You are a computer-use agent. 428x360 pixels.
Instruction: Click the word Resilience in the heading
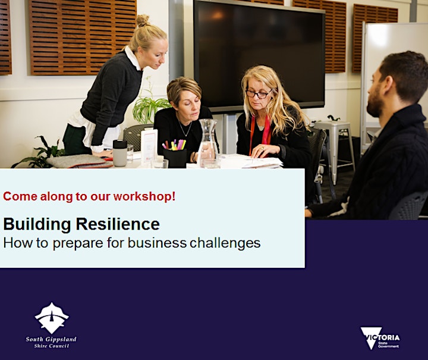pos(118,224)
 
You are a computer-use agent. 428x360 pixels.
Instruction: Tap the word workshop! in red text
pos(144,196)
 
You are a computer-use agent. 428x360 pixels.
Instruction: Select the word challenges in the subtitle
pos(225,243)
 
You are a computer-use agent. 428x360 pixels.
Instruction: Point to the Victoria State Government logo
pos(380,338)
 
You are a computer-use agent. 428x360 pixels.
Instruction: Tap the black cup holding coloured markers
pos(175,158)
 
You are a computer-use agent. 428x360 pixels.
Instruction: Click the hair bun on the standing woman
pos(143,21)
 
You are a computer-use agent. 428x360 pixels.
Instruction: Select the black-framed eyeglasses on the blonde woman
pos(258,93)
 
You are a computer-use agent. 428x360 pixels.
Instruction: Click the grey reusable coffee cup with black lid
pos(120,153)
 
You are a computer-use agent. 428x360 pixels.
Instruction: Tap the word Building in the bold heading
pos(37,224)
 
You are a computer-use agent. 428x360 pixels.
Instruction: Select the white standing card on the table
pos(149,146)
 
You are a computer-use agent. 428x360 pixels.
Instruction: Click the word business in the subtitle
pos(157,243)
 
